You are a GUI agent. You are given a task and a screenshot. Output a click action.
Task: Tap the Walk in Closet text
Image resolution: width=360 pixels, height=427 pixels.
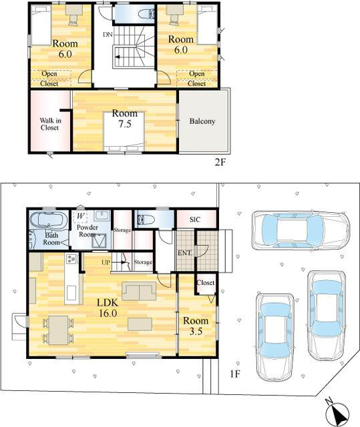[x=49, y=123]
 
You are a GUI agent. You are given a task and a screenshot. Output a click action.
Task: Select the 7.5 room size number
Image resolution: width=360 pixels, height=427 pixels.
[x=124, y=124]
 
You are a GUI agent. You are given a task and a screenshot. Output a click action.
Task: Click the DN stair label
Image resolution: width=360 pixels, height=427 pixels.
[x=107, y=33]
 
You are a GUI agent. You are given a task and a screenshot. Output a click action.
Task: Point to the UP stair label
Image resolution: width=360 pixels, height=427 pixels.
[x=106, y=263]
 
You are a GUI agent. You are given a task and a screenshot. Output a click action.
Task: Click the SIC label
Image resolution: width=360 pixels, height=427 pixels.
[x=195, y=219]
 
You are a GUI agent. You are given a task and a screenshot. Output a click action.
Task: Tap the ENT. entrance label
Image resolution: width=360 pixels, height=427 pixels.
[x=185, y=253]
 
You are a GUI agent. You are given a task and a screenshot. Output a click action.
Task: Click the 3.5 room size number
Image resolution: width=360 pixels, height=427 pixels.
[x=196, y=332]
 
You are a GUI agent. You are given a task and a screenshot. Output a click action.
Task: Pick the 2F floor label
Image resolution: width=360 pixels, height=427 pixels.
[x=221, y=162]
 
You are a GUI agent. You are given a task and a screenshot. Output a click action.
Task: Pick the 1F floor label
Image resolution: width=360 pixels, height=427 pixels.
[x=234, y=374]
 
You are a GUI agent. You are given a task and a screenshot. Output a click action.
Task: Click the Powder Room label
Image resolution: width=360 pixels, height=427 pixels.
[x=87, y=230]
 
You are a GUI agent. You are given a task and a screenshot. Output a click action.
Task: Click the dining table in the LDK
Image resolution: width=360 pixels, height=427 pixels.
[x=58, y=329]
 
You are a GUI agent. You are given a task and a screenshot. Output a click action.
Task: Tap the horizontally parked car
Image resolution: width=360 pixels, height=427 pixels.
[x=300, y=230]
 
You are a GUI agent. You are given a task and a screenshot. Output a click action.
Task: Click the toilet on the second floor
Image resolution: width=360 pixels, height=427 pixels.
[x=144, y=13]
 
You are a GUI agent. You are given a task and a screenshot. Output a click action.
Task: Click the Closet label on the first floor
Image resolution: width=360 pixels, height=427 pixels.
[x=206, y=283]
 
